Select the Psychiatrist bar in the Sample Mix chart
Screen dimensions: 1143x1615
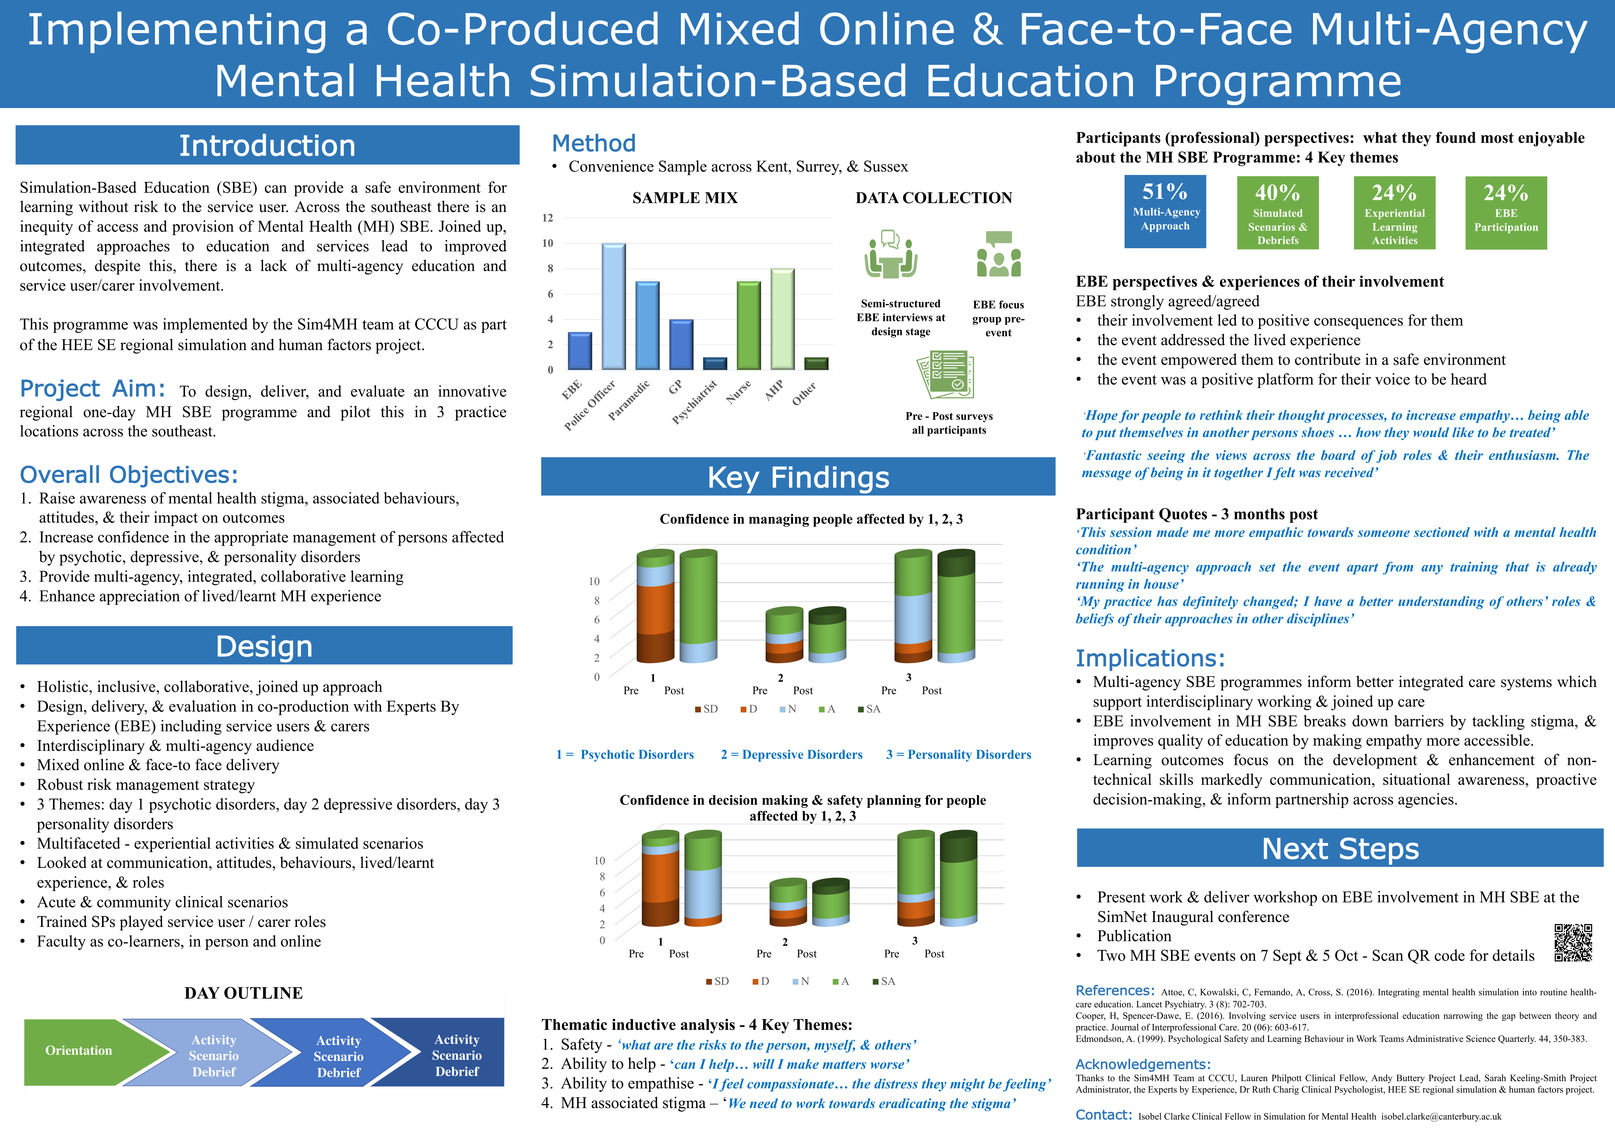tap(714, 363)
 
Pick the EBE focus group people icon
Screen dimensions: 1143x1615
tap(998, 255)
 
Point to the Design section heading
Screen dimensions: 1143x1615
tap(264, 646)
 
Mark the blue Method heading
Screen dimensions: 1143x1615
tap(594, 144)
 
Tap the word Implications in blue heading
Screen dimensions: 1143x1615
tap(1150, 658)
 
